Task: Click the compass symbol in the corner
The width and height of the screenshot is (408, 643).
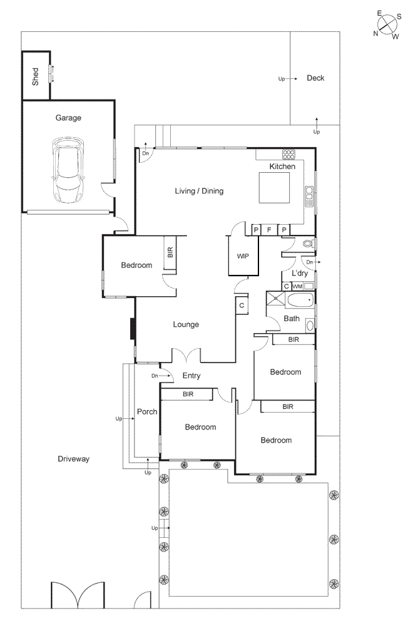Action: pyautogui.click(x=388, y=25)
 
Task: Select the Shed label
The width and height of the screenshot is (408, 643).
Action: pyautogui.click(x=36, y=76)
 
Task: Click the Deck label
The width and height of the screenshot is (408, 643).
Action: pyautogui.click(x=315, y=78)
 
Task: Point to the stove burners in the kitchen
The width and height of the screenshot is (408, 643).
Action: pyautogui.click(x=288, y=154)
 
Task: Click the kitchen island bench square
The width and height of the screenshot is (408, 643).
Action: pyautogui.click(x=274, y=188)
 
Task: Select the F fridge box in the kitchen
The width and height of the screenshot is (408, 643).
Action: pyautogui.click(x=270, y=230)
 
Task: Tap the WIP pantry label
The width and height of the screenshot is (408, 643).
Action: pyautogui.click(x=243, y=257)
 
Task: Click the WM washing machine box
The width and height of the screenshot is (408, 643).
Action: pyautogui.click(x=298, y=286)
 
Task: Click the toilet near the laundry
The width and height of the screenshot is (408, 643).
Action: pyautogui.click(x=307, y=244)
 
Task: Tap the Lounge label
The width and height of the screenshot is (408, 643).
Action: pyautogui.click(x=186, y=324)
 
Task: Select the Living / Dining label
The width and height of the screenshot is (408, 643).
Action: pyautogui.click(x=199, y=191)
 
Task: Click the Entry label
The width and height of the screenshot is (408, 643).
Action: pyautogui.click(x=191, y=376)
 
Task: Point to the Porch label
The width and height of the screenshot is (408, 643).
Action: pyautogui.click(x=147, y=411)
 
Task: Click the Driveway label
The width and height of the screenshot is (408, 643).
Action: pyautogui.click(x=74, y=459)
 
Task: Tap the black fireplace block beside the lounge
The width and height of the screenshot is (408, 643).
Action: pyautogui.click(x=133, y=329)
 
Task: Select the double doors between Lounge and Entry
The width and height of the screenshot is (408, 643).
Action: pyautogui.click(x=186, y=355)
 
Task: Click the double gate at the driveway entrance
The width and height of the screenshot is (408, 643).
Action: pyautogui.click(x=78, y=595)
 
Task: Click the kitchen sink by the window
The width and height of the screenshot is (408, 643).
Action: pyautogui.click(x=309, y=196)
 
